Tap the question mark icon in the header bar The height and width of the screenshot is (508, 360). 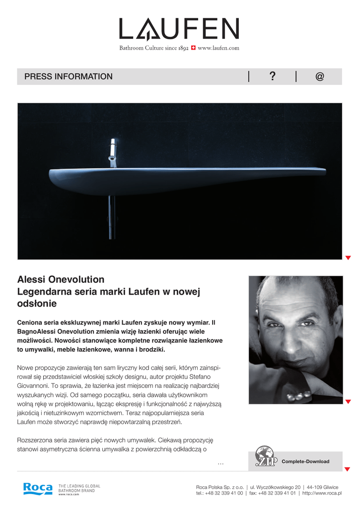[x=272, y=76]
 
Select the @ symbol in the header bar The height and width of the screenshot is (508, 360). [x=319, y=76]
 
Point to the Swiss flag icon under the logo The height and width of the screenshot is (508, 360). [x=193, y=48]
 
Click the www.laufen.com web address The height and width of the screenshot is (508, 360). [x=218, y=48]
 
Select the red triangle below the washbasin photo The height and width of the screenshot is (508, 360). [x=348, y=257]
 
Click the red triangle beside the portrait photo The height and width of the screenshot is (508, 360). [x=348, y=401]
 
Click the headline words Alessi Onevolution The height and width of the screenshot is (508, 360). [x=61, y=279]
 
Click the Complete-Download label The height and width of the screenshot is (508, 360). [x=305, y=461]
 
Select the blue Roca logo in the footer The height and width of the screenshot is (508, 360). [x=38, y=488]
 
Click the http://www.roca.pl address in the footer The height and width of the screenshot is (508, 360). [x=322, y=494]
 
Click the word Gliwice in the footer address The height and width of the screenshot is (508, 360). [x=330, y=487]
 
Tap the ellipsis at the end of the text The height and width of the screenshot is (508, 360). [x=220, y=463]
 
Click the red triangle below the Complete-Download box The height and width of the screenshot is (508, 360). [x=348, y=469]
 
